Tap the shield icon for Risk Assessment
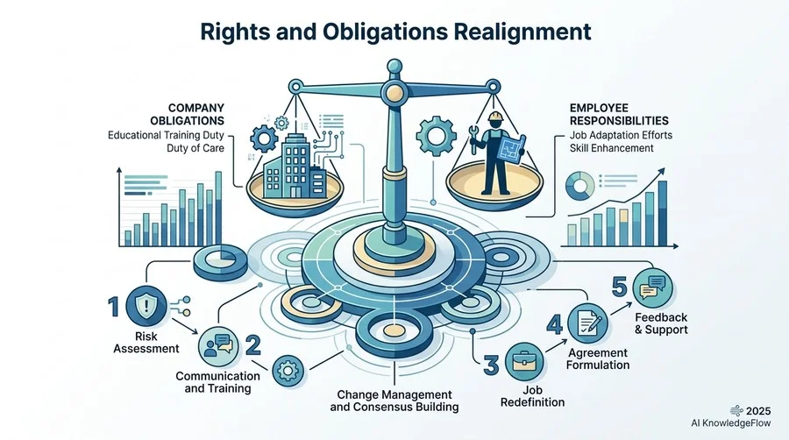(x=146, y=305)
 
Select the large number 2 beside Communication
(x=253, y=345)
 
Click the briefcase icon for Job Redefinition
(x=524, y=361)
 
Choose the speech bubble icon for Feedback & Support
(x=652, y=288)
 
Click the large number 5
(x=620, y=287)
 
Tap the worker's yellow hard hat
(x=495, y=117)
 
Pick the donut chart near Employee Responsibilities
(x=579, y=185)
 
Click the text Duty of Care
(x=195, y=148)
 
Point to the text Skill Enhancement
(x=611, y=148)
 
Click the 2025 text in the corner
(x=758, y=411)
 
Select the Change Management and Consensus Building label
(x=394, y=401)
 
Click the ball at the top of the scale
(x=394, y=66)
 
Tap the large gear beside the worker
(x=437, y=136)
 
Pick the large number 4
(x=555, y=324)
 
